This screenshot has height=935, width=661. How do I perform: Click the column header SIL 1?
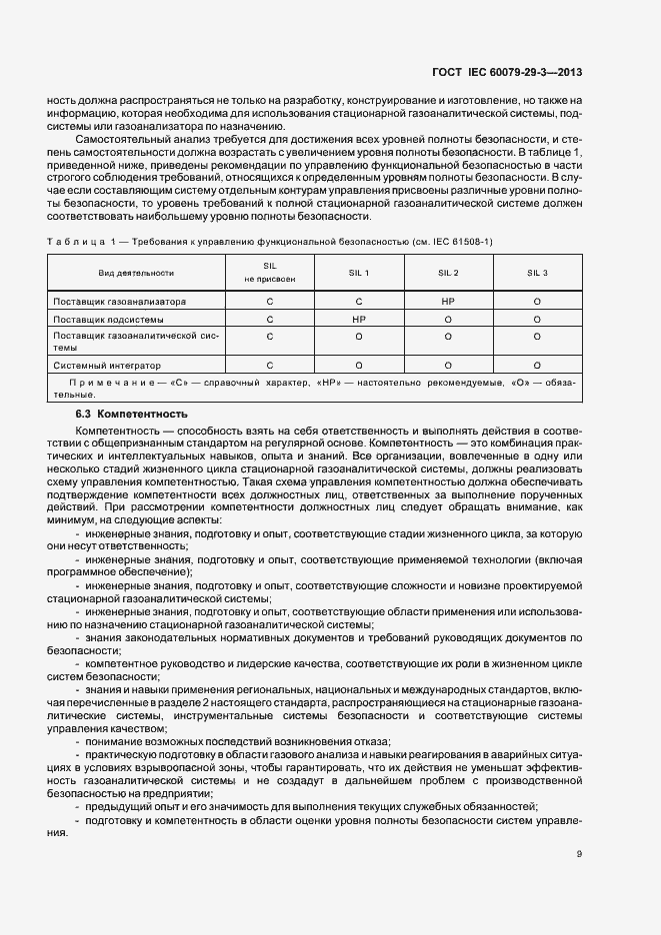pos(358,273)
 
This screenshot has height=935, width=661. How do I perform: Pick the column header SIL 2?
pos(448,273)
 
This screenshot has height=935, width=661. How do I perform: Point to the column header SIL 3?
pos(537,273)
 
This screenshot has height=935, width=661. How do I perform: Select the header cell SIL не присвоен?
pos(268,273)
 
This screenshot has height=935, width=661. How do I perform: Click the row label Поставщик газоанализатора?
pos(119,301)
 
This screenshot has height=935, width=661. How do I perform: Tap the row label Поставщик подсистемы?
pos(108,320)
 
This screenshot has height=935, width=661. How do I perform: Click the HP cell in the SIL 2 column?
pos(448,301)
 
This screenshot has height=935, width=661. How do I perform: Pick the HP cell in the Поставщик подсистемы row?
pos(358,320)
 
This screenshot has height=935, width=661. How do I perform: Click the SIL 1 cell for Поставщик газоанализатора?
pos(358,301)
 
